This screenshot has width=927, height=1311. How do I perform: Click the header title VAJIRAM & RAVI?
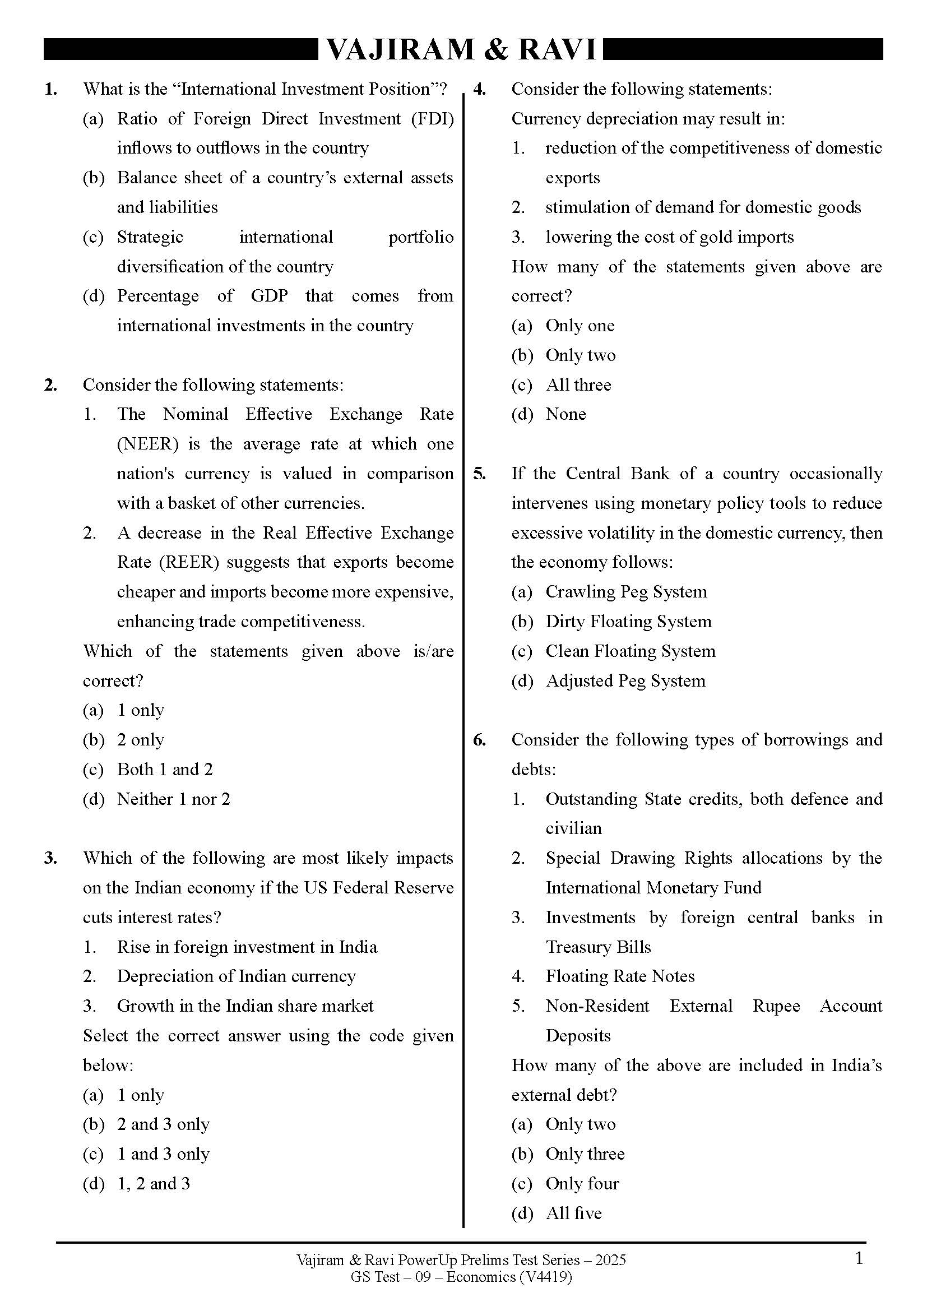(461, 50)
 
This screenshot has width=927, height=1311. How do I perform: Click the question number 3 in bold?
(50, 858)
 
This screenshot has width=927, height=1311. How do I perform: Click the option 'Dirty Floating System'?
(628, 621)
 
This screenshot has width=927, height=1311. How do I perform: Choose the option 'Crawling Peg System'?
(626, 591)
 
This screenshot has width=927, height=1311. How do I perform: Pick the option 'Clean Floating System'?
(630, 651)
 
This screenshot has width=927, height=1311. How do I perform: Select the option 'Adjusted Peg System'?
(625, 680)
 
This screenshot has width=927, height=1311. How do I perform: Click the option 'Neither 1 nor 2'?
(174, 799)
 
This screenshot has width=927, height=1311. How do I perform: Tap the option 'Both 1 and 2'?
(165, 769)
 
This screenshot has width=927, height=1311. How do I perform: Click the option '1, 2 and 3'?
(154, 1184)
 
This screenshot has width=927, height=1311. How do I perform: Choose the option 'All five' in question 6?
(574, 1213)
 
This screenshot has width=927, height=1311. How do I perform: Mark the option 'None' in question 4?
(566, 414)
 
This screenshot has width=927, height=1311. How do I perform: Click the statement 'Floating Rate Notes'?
(620, 976)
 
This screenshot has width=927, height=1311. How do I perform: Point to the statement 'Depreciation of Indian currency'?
(237, 976)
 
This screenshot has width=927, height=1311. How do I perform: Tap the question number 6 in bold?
(480, 740)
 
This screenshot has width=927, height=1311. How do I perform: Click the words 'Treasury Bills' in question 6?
(598, 947)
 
